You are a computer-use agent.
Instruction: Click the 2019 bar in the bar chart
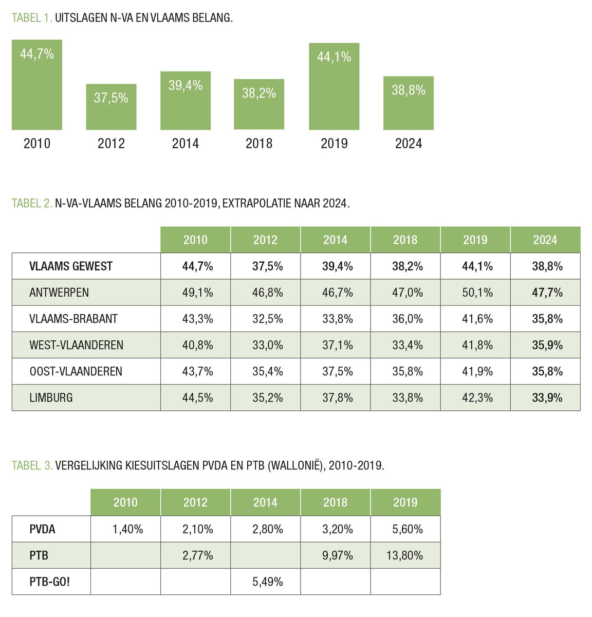(x=334, y=86)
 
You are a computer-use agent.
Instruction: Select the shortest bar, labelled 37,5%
(x=111, y=107)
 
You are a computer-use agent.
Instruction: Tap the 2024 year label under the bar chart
(x=409, y=143)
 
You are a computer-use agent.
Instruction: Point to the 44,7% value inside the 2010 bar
(x=37, y=54)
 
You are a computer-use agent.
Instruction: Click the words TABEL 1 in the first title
(x=31, y=18)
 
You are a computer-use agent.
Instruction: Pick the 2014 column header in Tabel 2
(x=335, y=240)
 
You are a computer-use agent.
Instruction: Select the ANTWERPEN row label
(x=59, y=293)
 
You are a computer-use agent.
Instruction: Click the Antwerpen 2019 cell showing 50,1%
(x=477, y=293)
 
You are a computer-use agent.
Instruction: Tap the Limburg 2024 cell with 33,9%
(x=547, y=397)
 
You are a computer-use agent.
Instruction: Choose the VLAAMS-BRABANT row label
(x=73, y=319)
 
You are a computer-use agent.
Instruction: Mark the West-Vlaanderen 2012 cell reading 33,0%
(x=267, y=345)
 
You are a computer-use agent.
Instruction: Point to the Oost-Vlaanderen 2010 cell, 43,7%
(x=197, y=371)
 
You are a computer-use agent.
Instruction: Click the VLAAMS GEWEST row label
(x=71, y=266)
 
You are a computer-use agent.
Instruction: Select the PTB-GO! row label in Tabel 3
(x=49, y=582)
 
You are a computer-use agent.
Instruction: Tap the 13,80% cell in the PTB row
(x=404, y=555)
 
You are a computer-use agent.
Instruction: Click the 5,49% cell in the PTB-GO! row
(x=267, y=582)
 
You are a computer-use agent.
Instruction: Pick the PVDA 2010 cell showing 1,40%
(x=127, y=529)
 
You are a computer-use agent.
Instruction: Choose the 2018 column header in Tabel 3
(x=335, y=502)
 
